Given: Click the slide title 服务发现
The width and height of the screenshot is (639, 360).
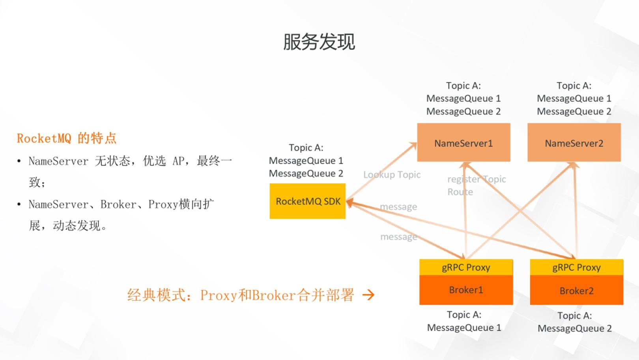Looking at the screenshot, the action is click(x=319, y=42).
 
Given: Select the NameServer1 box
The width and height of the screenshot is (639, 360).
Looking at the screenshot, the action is click(x=463, y=142).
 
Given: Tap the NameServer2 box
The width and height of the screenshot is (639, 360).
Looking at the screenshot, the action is click(x=574, y=142).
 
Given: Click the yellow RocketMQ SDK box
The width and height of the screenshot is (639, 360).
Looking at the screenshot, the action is click(x=308, y=201).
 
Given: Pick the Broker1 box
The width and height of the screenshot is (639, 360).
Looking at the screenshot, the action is click(x=466, y=290).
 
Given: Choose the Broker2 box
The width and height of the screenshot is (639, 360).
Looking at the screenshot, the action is click(x=577, y=290).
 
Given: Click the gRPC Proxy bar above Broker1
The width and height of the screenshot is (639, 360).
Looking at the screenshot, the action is click(x=466, y=267).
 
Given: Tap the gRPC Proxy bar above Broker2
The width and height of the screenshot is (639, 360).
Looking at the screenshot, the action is click(x=577, y=267).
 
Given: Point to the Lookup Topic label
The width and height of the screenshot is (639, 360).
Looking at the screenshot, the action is click(x=392, y=175).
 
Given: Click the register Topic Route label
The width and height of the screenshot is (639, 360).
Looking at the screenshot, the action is click(x=476, y=186).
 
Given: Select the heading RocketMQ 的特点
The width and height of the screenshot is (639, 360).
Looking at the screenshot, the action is click(x=67, y=139).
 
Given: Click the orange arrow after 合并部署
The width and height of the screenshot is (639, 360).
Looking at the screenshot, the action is click(x=368, y=295).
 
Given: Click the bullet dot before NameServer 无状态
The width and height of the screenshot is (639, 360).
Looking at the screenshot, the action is click(x=19, y=161).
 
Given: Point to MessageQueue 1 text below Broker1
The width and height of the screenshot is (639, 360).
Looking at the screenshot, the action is click(x=464, y=328).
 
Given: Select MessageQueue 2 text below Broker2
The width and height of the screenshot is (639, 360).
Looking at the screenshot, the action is click(x=575, y=328).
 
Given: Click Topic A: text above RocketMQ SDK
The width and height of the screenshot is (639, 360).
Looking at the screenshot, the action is click(x=306, y=148).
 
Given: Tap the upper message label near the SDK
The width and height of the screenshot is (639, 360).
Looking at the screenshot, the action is click(x=398, y=207).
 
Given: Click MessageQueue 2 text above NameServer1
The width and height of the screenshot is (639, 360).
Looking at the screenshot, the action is click(x=463, y=111).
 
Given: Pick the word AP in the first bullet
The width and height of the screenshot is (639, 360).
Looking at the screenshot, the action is click(x=179, y=161).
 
